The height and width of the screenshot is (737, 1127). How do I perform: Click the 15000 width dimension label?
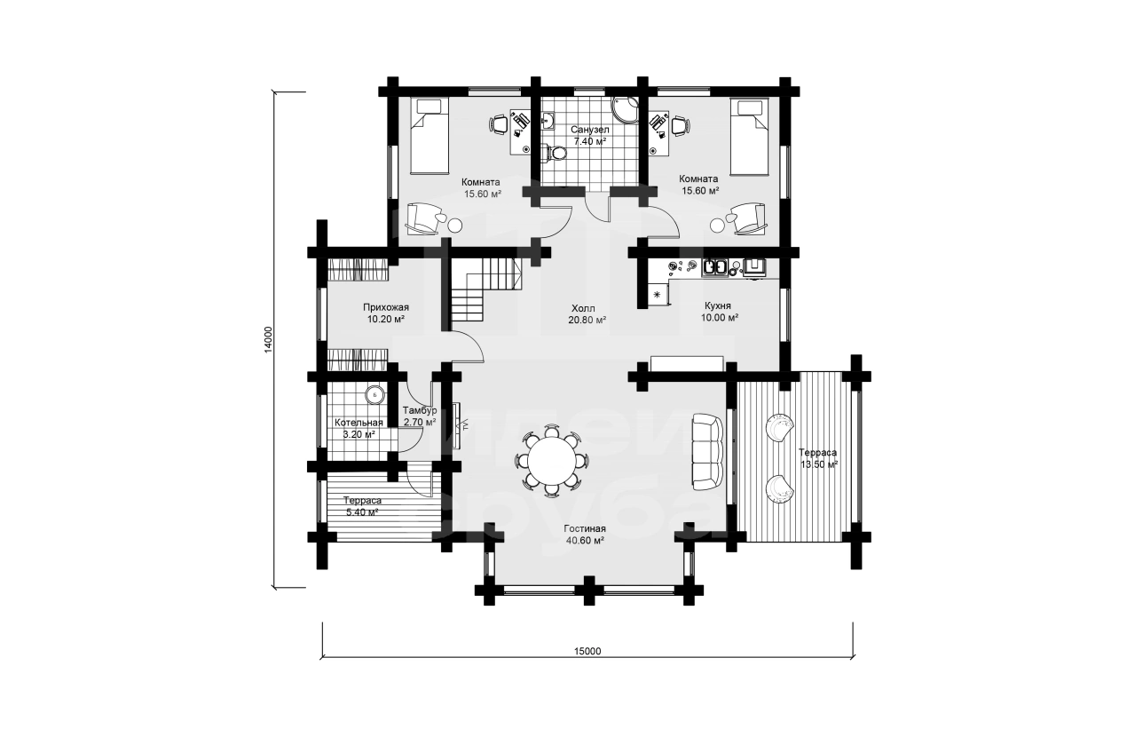587,651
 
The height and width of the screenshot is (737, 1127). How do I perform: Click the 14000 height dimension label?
268,340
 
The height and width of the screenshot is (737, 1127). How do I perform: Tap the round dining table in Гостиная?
552,461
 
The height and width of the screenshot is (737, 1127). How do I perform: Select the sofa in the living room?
708,452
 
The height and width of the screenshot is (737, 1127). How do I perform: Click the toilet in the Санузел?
554,153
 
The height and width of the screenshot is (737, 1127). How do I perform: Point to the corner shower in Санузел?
627,111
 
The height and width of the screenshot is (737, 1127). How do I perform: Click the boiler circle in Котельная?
374,394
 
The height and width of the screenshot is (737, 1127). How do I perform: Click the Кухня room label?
717,305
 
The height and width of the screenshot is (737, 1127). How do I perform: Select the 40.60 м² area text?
585,540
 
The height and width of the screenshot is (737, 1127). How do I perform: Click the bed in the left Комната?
430,137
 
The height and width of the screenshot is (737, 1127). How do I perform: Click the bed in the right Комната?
750,137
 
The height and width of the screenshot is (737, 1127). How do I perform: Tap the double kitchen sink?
715,268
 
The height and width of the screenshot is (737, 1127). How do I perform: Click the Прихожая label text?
386,307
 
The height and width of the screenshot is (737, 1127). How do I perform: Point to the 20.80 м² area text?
587,320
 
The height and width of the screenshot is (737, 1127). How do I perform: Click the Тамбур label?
420,411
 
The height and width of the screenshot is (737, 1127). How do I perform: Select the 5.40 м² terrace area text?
362,512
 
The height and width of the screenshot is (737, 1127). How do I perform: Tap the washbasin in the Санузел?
548,121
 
